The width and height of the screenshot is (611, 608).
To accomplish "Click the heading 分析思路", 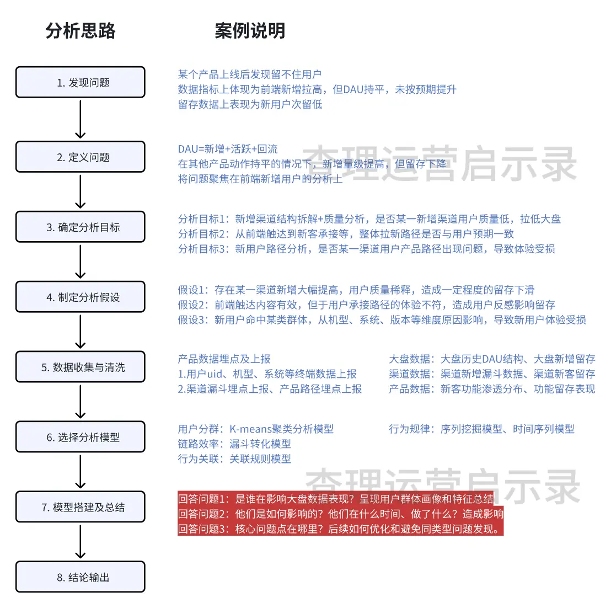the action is tap(81, 30).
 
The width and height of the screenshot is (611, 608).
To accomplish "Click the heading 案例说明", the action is tap(250, 30).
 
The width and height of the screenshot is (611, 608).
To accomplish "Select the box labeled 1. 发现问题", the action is tap(81, 82).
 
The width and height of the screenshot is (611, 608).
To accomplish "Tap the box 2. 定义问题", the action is tap(81, 157).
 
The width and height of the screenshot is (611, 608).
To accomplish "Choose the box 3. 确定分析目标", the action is tap(81, 227).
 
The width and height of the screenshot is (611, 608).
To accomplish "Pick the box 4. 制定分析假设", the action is tap(81, 297).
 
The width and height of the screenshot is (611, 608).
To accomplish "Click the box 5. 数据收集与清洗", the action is tap(81, 367).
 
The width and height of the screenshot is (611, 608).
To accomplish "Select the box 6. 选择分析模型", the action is tap(81, 437).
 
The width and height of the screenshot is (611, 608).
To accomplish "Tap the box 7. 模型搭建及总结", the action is tap(81, 506).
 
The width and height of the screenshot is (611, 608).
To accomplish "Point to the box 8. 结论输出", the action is tap(81, 577).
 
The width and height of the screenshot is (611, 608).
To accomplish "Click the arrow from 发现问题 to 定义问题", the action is tap(81, 119).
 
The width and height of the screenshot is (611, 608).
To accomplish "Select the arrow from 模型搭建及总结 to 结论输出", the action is tap(81, 541).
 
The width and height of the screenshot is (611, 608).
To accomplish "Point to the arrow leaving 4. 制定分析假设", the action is tap(81, 331).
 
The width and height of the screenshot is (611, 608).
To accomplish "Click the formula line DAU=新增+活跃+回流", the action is tap(228, 149).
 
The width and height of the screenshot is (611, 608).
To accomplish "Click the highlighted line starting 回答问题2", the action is tap(341, 514).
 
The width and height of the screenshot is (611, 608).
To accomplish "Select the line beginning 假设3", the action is tap(382, 320).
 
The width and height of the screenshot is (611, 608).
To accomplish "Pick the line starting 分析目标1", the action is tap(369, 219).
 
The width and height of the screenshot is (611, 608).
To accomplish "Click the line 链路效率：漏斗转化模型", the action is tap(234, 444).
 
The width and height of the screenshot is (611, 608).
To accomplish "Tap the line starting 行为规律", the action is tap(481, 429).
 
